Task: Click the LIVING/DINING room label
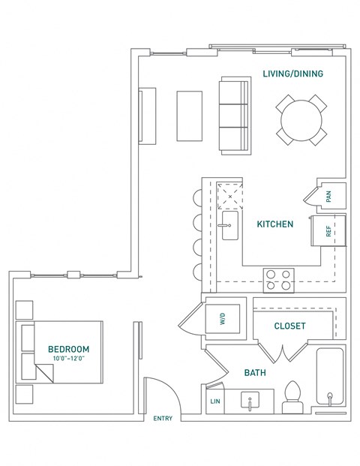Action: pyautogui.click(x=293, y=74)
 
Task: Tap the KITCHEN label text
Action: pyautogui.click(x=274, y=224)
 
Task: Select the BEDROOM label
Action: pyautogui.click(x=68, y=349)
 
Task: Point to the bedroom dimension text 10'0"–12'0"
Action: pyautogui.click(x=68, y=359)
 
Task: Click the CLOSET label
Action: pyautogui.click(x=289, y=326)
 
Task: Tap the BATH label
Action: pyautogui.click(x=255, y=372)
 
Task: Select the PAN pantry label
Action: pyautogui.click(x=328, y=197)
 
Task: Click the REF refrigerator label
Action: pyautogui.click(x=328, y=232)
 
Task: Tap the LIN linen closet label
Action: pyautogui.click(x=214, y=402)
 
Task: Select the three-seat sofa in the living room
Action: pyautogui.click(x=233, y=116)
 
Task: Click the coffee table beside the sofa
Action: pyautogui.click(x=189, y=116)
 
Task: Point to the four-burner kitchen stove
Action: pyautogui.click(x=278, y=280)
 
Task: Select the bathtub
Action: pyautogui.click(x=329, y=379)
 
